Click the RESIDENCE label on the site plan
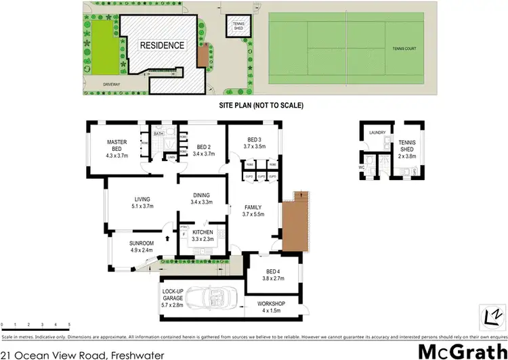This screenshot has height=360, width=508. [162, 45]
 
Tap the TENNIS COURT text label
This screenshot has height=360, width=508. [406, 49]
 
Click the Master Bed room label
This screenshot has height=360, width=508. [117, 145]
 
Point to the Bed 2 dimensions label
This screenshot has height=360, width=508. [203, 154]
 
